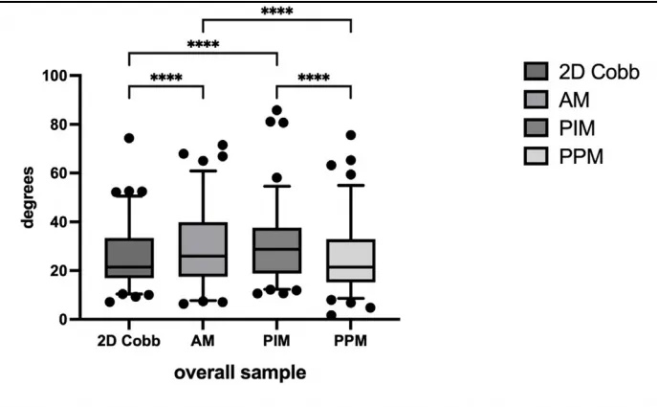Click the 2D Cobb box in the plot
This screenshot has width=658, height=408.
(x=128, y=258)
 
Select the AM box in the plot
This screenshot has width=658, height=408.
(x=203, y=249)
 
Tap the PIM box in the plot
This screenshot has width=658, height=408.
(x=277, y=251)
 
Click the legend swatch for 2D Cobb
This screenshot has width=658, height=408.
(x=540, y=73)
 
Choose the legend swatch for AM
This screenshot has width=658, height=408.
(x=540, y=101)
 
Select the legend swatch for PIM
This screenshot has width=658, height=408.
(x=540, y=128)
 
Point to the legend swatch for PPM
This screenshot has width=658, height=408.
(x=540, y=156)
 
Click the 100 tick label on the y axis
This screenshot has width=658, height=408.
(x=54, y=76)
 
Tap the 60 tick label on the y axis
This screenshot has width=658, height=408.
(x=57, y=173)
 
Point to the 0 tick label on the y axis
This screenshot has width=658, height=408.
(x=61, y=319)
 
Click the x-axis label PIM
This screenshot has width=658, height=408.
(x=277, y=340)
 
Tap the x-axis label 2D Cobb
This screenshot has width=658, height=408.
(x=127, y=340)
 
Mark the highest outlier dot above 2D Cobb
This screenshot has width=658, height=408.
(x=128, y=138)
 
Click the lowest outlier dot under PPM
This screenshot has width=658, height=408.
(x=331, y=315)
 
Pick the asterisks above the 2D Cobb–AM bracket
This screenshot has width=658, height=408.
(x=165, y=78)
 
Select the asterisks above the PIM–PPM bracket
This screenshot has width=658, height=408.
(x=315, y=78)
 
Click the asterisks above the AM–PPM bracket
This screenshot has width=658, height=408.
(x=277, y=12)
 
